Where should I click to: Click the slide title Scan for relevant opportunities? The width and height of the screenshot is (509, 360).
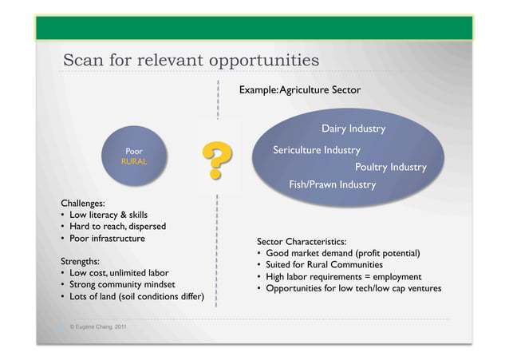[191, 61]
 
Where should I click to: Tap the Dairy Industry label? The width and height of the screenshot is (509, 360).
[353, 129]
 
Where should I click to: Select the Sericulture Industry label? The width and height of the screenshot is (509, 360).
[316, 150]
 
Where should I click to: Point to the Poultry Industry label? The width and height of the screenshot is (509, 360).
[390, 167]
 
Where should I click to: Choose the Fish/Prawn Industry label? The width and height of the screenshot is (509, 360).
[332, 184]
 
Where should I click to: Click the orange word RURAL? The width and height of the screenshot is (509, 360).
[133, 161]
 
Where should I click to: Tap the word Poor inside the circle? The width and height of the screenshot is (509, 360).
[134, 150]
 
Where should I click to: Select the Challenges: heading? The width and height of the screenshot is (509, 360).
[83, 203]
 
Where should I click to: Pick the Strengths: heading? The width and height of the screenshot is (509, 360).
[80, 261]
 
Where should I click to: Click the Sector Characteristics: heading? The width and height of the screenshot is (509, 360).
[302, 241]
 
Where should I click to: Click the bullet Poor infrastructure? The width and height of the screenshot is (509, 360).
[107, 238]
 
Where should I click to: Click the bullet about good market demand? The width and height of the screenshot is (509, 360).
[343, 253]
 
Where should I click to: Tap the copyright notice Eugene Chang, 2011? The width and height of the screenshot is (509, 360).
[97, 327]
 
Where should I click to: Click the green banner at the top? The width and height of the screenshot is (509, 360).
[254, 28]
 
